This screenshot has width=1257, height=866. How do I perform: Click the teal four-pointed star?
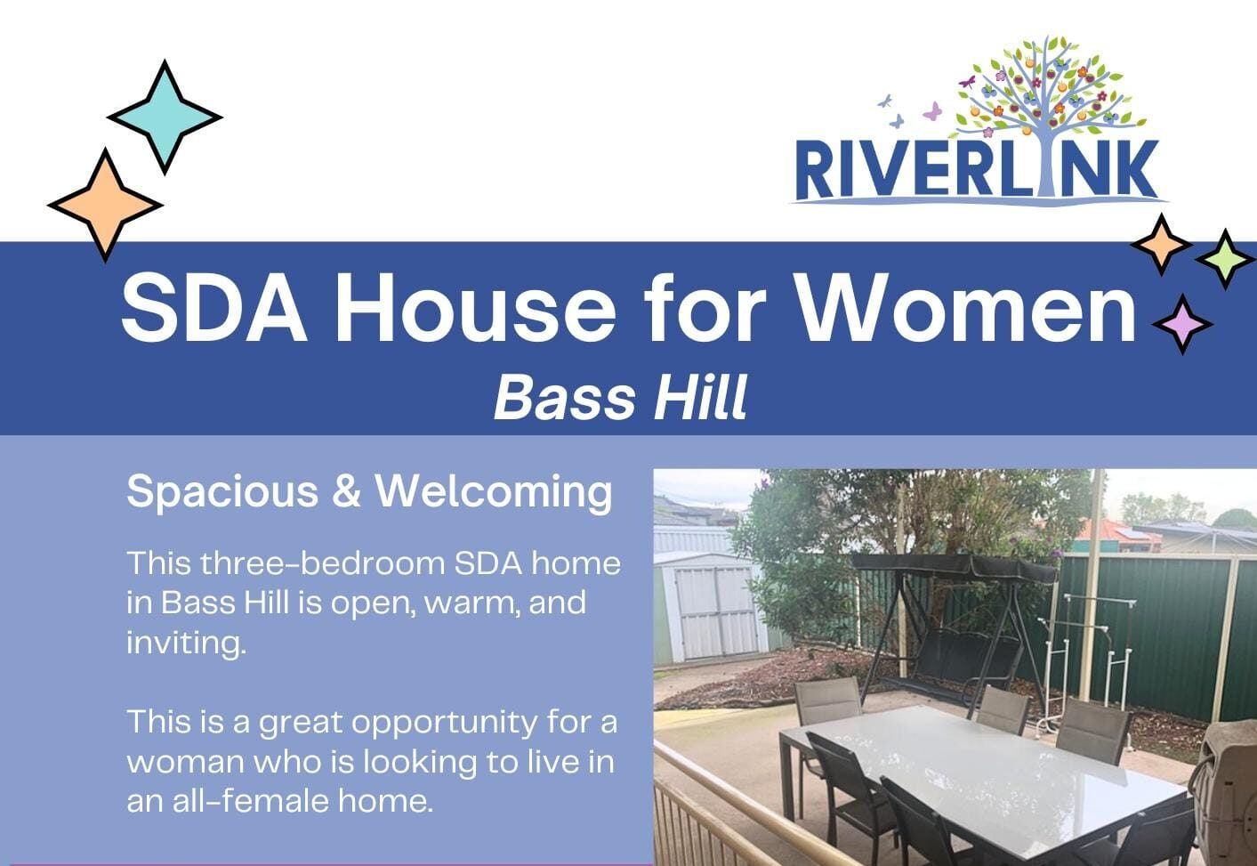[165, 117]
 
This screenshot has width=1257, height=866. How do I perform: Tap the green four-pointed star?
[1225, 258]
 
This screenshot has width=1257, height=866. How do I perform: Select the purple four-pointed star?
[1182, 324]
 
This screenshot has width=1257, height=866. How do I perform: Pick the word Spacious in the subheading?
[222, 492]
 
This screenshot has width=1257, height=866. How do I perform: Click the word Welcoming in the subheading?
[494, 490]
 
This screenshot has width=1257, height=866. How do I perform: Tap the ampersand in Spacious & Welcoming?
[346, 491]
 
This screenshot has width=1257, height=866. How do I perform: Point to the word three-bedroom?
[323, 563]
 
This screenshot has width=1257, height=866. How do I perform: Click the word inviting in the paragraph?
[184, 642]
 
